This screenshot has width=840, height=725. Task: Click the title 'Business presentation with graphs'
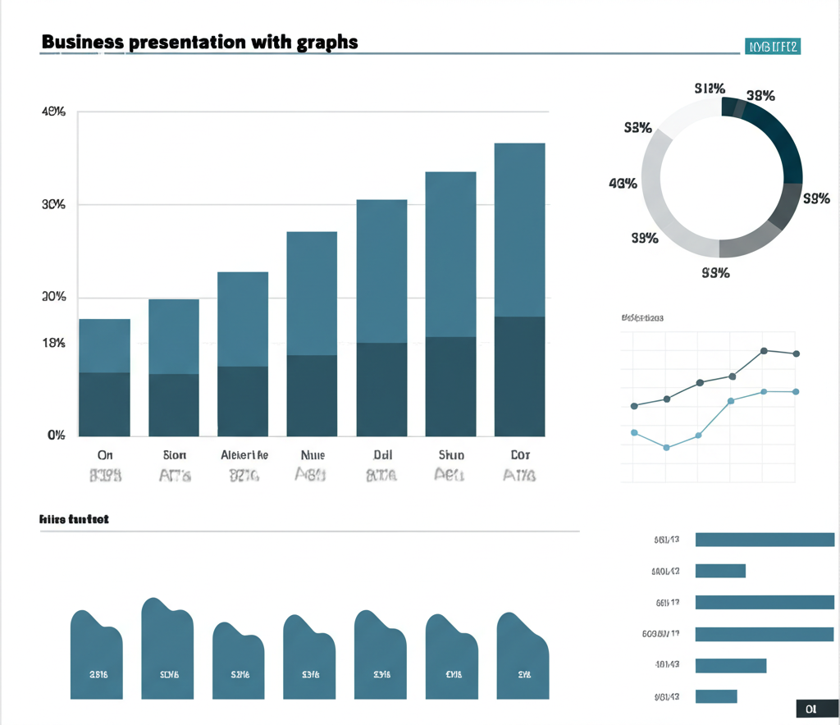199,42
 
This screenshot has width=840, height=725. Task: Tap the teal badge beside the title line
772,47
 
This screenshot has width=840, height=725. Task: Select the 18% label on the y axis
52,344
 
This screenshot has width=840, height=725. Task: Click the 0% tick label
55,435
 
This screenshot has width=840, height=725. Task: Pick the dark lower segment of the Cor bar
519,376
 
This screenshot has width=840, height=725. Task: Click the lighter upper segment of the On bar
104,345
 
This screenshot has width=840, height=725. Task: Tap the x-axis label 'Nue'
313,454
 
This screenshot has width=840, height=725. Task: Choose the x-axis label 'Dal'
382,454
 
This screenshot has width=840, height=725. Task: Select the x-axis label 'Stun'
450,454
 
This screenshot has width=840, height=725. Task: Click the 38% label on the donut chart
760,95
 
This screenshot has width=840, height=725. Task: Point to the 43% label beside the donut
623,183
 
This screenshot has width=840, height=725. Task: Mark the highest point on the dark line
764,351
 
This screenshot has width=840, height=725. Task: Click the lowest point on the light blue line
666,447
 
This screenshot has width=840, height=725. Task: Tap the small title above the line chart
642,317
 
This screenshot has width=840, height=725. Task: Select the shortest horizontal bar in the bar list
716,696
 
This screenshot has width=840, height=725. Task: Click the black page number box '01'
811,709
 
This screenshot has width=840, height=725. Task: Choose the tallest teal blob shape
167,648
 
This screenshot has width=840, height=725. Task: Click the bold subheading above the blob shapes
75,519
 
